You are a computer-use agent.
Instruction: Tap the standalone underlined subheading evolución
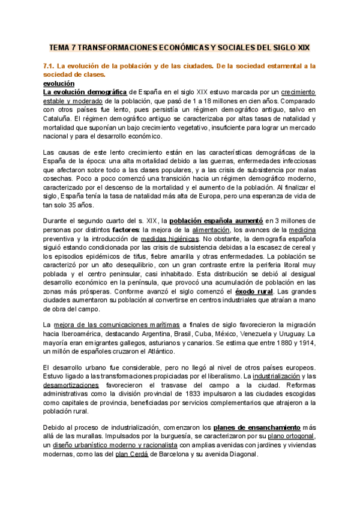(x=59, y=83)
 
